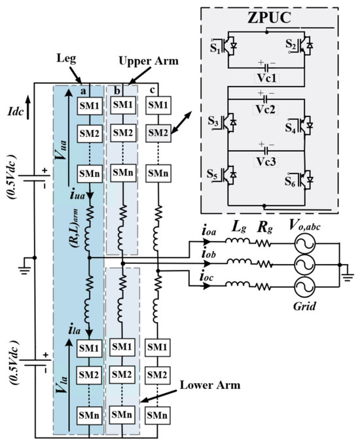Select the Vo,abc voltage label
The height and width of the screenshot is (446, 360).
pos(299,224)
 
